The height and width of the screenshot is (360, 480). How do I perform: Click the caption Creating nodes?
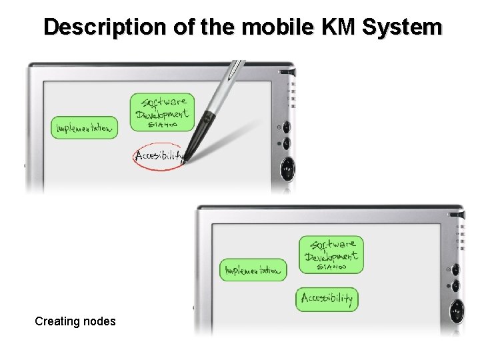click(x=75, y=321)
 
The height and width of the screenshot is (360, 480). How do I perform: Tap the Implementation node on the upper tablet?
click(x=85, y=127)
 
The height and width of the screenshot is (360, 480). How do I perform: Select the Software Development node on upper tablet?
click(x=162, y=111)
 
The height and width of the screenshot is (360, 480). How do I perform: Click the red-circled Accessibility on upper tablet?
click(x=159, y=157)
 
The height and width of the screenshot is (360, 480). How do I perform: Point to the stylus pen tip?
click(x=184, y=161)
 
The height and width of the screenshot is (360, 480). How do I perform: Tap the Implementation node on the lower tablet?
click(x=253, y=270)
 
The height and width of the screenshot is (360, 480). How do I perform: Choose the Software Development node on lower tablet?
click(x=331, y=254)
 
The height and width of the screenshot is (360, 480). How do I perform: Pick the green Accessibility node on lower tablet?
click(x=327, y=299)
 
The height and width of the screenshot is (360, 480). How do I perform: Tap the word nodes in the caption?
click(x=100, y=321)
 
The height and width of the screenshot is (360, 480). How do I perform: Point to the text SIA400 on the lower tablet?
click(x=331, y=267)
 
